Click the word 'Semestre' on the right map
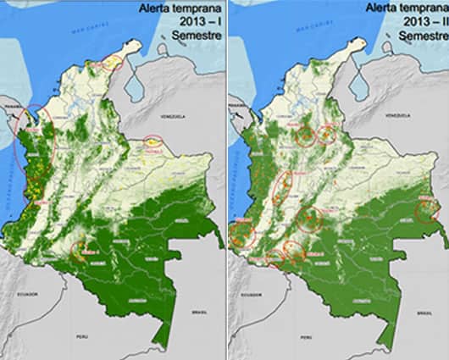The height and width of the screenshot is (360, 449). click(x=423, y=36)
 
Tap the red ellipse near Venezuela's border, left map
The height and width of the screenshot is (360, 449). click(x=153, y=141)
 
